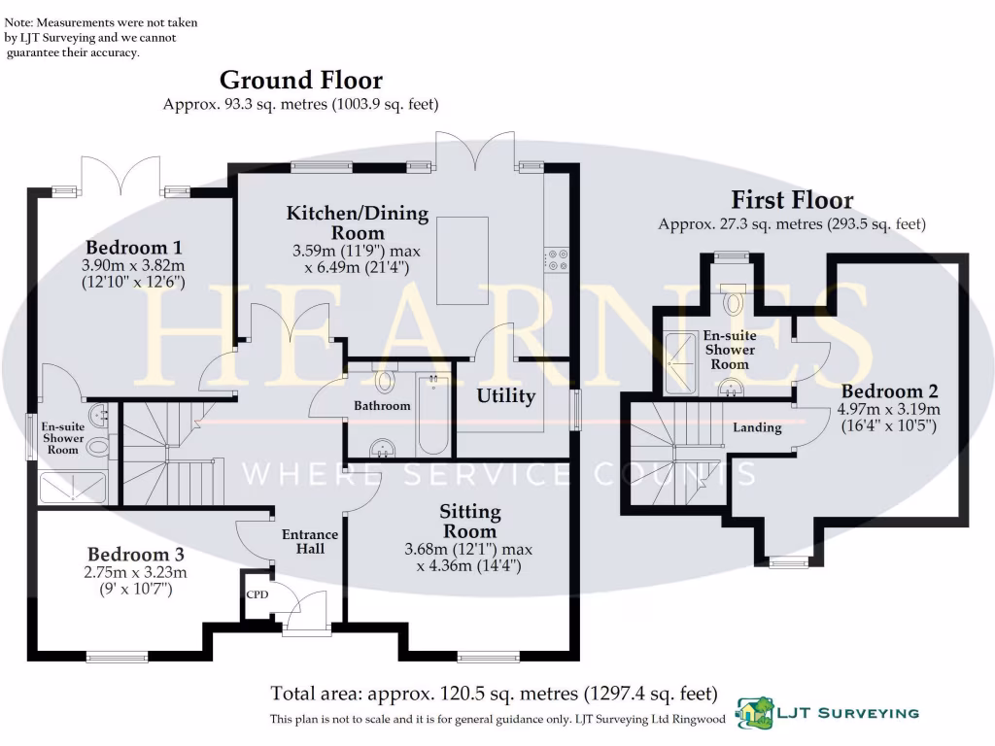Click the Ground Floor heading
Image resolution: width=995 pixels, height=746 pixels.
click(300, 80)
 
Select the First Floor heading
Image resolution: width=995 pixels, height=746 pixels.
click(792, 200)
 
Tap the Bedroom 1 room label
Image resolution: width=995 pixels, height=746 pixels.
click(134, 247)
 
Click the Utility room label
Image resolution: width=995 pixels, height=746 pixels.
click(505, 395)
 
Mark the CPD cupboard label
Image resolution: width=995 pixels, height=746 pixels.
click(257, 593)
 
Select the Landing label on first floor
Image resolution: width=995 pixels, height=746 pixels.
click(757, 427)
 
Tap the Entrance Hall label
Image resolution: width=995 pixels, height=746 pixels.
click(310, 542)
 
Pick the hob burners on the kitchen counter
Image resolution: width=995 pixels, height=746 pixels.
click(557, 257)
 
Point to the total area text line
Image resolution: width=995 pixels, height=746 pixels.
click(494, 694)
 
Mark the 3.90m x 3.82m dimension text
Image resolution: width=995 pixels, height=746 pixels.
click(134, 265)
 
